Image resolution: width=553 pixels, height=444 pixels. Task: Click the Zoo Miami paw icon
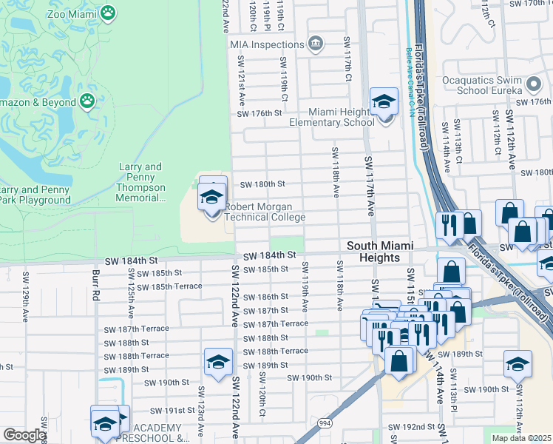pyautogui.click(x=109, y=13)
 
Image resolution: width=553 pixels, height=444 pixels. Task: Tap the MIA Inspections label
pyautogui.click(x=268, y=44)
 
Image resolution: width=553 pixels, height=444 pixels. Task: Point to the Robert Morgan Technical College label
pyautogui.click(x=264, y=212)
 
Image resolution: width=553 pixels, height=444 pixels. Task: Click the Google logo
pyautogui.click(x=24, y=435)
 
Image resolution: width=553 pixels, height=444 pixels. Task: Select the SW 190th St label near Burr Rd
pyautogui.click(x=168, y=383)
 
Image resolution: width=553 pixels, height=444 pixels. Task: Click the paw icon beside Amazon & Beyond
pyautogui.click(x=87, y=99)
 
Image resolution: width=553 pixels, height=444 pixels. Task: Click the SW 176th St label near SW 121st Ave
pyautogui.click(x=259, y=113)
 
